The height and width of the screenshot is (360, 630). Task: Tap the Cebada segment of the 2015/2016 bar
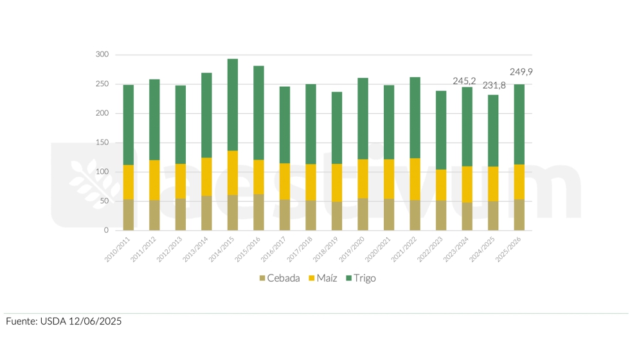click(x=258, y=212)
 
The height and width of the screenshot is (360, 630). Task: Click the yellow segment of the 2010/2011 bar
click(x=129, y=183)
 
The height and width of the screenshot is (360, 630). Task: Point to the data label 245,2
click(x=464, y=81)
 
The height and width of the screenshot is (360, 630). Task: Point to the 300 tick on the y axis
click(x=102, y=55)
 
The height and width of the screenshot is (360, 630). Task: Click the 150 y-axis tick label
click(x=102, y=143)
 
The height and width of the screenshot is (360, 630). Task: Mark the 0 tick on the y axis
click(x=107, y=230)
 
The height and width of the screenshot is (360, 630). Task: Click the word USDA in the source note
click(x=57, y=321)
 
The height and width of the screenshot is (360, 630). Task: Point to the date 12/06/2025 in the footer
click(x=96, y=321)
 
